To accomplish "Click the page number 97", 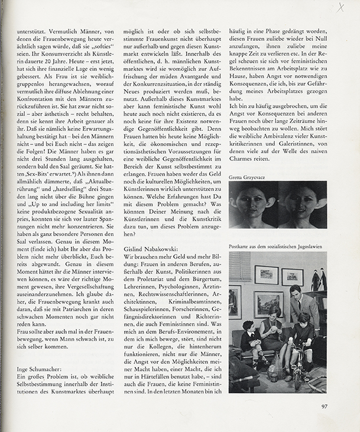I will [x=325, y=405].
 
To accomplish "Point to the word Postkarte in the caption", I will [x=240, y=245].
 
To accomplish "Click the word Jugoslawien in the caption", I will [x=308, y=245].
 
